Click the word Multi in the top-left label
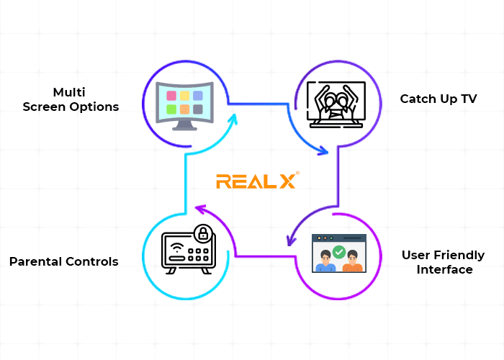pos(70,92)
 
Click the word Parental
pos(37,261)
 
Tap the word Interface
pos(444,269)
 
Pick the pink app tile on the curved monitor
pos(171,95)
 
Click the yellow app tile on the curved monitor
pos(184,95)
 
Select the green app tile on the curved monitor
pos(171,109)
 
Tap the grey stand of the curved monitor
pos(184,127)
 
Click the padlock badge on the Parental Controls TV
pos(202,233)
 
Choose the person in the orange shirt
pos(351,262)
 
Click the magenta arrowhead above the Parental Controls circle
pos(199,210)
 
